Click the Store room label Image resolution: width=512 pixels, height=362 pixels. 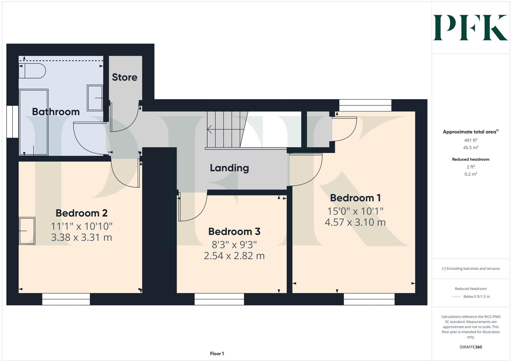[125, 77]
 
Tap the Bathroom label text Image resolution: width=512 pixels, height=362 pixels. [56, 112]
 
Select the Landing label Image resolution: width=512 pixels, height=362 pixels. [229, 168]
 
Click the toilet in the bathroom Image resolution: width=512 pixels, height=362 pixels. [32, 71]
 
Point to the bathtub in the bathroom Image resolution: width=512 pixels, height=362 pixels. [34, 122]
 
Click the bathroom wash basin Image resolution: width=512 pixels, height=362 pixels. [95, 98]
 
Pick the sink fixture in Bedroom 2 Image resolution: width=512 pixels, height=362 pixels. [27, 231]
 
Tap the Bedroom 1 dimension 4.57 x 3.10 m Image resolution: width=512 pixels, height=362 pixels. [355, 222]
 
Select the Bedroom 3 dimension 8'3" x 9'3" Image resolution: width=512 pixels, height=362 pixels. [234, 245]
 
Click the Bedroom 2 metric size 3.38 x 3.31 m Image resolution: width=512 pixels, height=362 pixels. [81, 237]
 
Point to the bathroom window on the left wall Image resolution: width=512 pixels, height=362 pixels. [12, 122]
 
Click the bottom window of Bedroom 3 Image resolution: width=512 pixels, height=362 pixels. [219, 299]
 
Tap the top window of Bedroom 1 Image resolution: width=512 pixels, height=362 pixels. [365, 105]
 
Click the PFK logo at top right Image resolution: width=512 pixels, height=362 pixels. [471, 28]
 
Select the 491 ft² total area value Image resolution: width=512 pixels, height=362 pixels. [471, 140]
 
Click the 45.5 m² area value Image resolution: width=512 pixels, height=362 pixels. [471, 148]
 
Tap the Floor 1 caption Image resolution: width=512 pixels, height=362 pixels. [217, 354]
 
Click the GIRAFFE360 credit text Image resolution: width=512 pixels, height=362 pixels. [471, 347]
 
